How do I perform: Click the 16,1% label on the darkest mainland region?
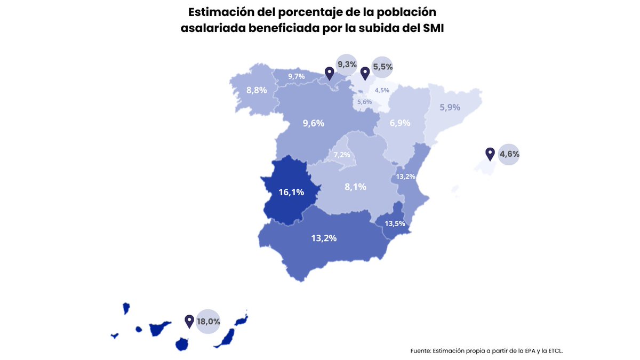point(291,192)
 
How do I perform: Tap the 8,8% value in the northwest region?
point(257,90)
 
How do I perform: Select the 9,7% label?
point(297,76)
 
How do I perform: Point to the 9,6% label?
point(314,123)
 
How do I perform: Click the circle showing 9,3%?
point(347,65)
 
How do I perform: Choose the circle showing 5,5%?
point(382,67)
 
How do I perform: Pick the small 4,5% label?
point(382,90)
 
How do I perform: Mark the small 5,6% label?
point(364,101)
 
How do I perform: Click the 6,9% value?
point(400,123)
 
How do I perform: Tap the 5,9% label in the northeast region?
point(450,107)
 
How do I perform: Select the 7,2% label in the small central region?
point(342,155)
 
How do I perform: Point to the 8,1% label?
point(356,187)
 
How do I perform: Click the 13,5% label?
point(394,223)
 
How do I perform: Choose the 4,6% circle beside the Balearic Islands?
point(509,154)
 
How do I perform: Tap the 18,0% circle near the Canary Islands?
point(208,321)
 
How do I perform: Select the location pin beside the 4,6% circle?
point(490,154)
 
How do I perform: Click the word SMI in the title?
point(433,28)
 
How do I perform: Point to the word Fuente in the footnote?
point(420,350)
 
